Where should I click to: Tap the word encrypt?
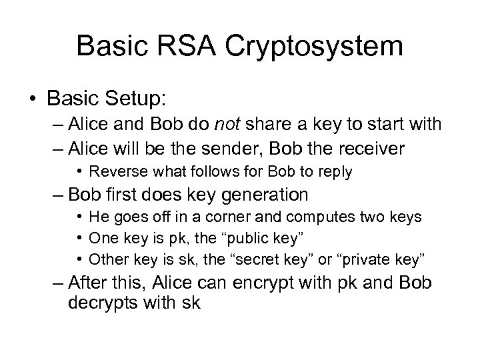tap(242, 282)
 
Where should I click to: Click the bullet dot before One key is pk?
tap(81, 237)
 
